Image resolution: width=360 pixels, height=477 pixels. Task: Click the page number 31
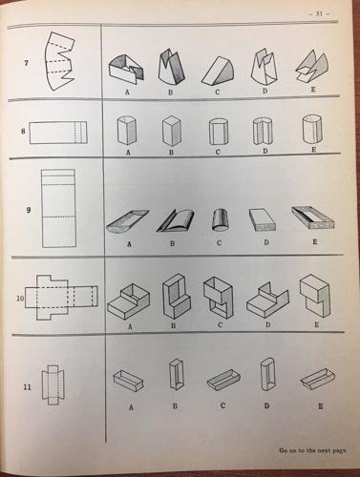point(319,13)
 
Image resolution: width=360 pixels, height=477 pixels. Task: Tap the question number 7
point(26,63)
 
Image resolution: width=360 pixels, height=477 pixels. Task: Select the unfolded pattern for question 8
point(58,133)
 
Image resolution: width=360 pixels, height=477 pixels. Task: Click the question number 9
point(29,210)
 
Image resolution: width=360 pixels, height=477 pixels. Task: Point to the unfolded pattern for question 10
point(61,297)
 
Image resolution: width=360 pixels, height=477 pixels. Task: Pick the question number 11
point(28,387)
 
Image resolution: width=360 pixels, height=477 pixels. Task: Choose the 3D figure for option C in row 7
point(218,72)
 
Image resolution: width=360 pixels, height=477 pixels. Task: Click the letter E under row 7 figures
point(313,90)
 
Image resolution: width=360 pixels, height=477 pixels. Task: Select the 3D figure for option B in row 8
point(171,131)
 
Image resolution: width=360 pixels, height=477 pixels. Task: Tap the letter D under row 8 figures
point(265,151)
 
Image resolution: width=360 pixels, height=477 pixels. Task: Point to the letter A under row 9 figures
point(129,244)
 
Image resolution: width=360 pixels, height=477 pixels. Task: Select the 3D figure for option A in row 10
point(129,301)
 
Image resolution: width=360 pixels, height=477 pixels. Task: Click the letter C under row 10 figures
point(220,325)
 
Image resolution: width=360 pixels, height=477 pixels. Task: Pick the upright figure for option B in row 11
point(176,374)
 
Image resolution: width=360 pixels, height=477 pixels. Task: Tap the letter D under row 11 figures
point(266,405)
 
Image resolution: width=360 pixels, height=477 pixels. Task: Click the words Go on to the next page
point(312,450)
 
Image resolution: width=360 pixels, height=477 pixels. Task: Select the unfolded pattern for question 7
point(60,61)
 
